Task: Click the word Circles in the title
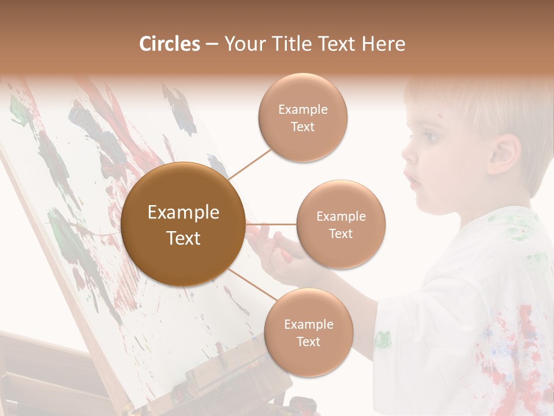pyautogui.click(x=170, y=44)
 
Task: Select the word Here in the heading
pyautogui.click(x=383, y=44)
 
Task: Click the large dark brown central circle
pyautogui.click(x=183, y=224)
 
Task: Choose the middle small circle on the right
pyautogui.click(x=340, y=224)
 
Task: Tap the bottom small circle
pyautogui.click(x=308, y=333)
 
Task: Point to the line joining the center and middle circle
pyautogui.click(x=271, y=224)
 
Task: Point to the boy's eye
pyautogui.click(x=430, y=138)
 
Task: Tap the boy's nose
pyautogui.click(x=407, y=155)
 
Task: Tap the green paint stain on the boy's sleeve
pyautogui.click(x=383, y=339)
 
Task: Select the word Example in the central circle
pyautogui.click(x=183, y=213)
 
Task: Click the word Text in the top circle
pyautogui.click(x=302, y=127)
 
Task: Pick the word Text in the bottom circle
pyautogui.click(x=308, y=341)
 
